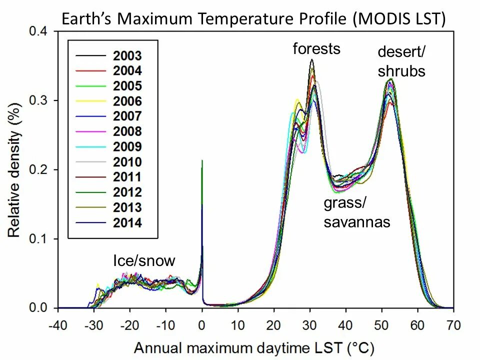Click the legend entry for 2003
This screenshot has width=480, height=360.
tap(127, 55)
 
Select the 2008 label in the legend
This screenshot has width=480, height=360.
tap(127, 131)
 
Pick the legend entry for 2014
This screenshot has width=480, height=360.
tap(127, 223)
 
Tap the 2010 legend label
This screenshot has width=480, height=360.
tap(127, 162)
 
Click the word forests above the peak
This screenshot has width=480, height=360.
tap(316, 48)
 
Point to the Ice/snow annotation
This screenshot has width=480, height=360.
tap(144, 260)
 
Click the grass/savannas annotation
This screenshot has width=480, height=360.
tap(356, 212)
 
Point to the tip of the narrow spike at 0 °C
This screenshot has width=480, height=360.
tap(202, 160)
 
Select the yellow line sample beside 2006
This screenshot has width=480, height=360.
tap(90, 101)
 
